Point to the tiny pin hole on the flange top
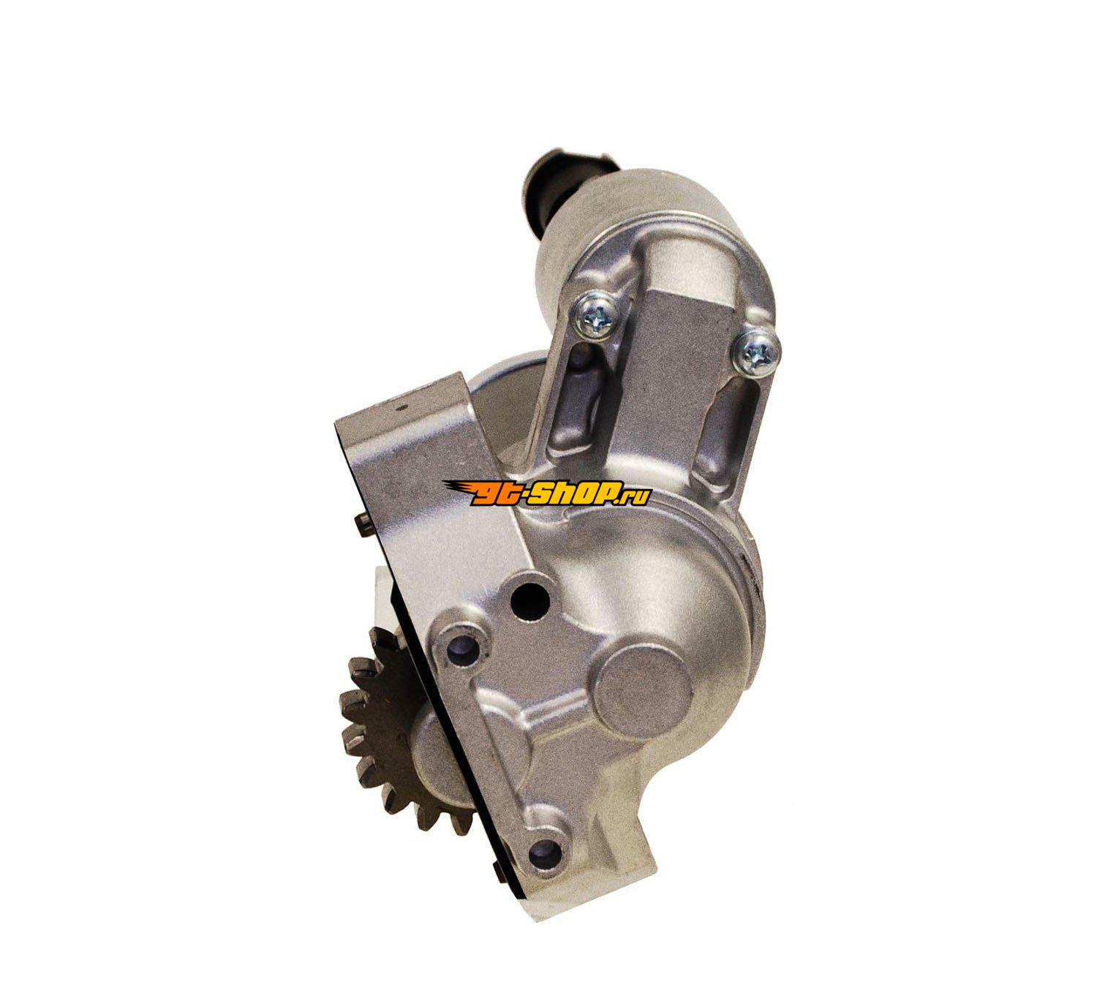[x=402, y=406]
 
